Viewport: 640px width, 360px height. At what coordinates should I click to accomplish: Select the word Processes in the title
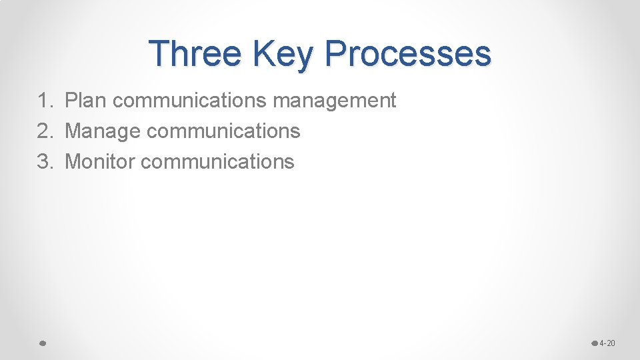[x=409, y=53]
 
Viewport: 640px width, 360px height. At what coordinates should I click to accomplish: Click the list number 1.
[x=43, y=101]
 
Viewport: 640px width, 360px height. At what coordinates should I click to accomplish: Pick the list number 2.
[x=43, y=131]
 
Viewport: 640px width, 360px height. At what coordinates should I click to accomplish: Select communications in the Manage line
[x=223, y=131]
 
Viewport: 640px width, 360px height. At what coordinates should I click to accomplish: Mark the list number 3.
[x=43, y=161]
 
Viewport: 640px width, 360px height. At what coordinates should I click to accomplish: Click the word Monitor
[x=100, y=161]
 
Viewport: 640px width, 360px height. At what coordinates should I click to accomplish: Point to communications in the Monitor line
[x=217, y=161]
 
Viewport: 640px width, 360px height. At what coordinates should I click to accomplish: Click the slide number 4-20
[x=607, y=343]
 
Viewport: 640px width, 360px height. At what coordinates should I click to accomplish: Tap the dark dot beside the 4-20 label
[x=595, y=343]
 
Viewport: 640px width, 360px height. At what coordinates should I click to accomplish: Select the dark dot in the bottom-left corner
[x=41, y=343]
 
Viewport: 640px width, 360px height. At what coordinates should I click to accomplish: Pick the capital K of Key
[x=263, y=53]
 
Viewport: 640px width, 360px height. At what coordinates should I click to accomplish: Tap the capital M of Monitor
[x=73, y=161]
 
